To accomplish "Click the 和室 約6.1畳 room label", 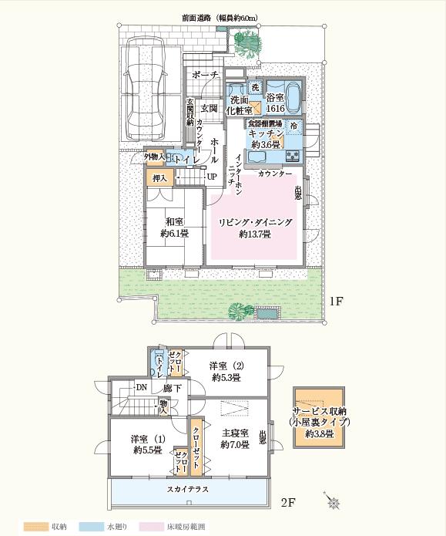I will click(x=174, y=228).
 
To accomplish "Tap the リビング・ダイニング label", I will click(x=255, y=221).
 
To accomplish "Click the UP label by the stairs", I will click(x=210, y=177).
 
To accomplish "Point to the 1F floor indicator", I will click(x=335, y=301).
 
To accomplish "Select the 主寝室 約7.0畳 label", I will click(x=233, y=438).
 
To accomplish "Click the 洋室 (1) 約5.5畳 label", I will click(x=146, y=443).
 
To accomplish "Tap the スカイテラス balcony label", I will click(x=188, y=488).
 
